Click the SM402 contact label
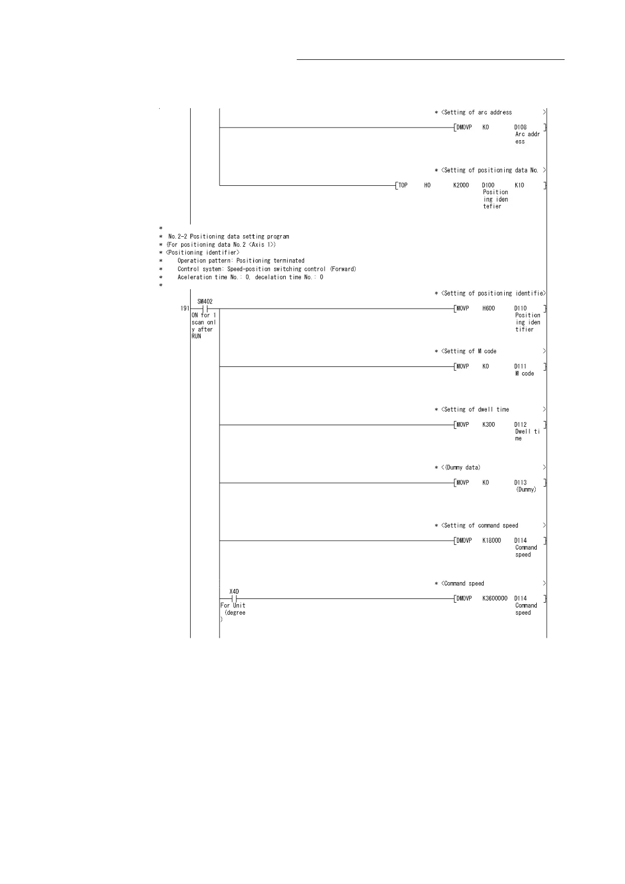pos(205,301)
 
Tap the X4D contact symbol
pos(234,598)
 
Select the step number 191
pos(184,309)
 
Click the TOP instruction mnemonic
pos(403,185)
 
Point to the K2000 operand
pos(461,185)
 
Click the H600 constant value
pos(488,309)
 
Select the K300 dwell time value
pos(488,425)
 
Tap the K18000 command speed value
pos(492,540)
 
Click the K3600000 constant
pos(495,598)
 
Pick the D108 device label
pos(520,127)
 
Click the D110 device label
pos(520,309)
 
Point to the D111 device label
pos(520,366)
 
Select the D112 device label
pos(520,425)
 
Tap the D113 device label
pos(520,482)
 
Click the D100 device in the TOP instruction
pos(488,185)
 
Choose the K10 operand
pos(519,185)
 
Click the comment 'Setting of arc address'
pos(477,112)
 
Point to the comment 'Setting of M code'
pos(470,351)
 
